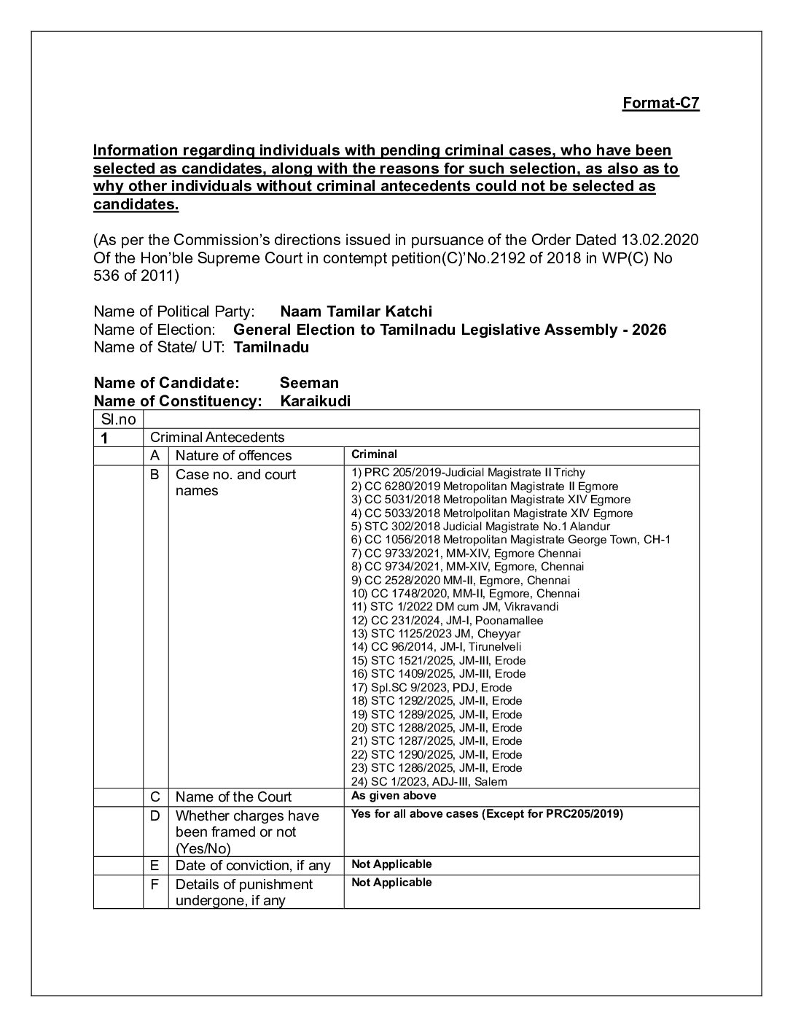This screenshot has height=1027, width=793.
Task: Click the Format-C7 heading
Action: [660, 103]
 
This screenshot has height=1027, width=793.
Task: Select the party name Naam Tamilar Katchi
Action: [356, 311]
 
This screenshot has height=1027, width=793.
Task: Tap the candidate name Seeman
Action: [309, 383]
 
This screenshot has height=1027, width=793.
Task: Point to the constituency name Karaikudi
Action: [315, 401]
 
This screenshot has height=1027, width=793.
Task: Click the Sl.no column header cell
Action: [119, 419]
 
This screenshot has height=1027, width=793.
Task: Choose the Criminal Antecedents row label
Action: [216, 437]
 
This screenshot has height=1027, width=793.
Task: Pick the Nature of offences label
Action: [233, 455]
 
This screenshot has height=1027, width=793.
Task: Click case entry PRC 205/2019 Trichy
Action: [468, 473]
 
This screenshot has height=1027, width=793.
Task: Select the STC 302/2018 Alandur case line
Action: [480, 526]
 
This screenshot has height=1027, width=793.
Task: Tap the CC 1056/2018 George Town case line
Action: [510, 540]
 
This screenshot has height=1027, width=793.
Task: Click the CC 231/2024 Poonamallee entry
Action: [447, 620]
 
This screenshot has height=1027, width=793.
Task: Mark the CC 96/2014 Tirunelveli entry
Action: [436, 646]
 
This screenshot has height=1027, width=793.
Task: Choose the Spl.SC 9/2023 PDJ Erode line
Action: [431, 687]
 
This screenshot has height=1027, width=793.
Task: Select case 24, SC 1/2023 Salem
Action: [429, 781]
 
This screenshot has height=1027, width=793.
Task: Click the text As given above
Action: [394, 796]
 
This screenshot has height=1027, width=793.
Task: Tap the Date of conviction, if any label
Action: [252, 865]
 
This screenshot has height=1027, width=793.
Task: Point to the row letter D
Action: [155, 815]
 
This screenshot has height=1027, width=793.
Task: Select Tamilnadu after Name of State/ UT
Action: [271, 347]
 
